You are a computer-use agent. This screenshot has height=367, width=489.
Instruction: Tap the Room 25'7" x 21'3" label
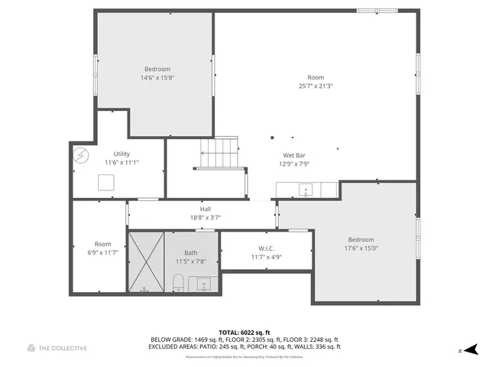(316, 81)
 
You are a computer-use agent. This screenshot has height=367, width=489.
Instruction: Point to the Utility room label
(121, 158)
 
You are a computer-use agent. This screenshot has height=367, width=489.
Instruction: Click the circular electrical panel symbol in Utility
(80, 154)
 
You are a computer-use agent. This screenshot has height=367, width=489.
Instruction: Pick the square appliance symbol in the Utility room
(106, 182)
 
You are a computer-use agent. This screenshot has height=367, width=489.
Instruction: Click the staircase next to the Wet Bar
(219, 152)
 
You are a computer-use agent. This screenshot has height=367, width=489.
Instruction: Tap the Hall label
(206, 213)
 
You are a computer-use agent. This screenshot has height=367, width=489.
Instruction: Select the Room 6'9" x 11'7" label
(102, 248)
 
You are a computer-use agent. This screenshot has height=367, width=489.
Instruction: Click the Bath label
(191, 257)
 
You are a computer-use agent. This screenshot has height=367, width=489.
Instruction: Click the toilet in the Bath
(177, 285)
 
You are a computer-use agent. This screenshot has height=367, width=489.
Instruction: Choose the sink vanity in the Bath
(203, 285)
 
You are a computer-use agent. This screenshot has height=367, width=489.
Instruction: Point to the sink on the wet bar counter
(306, 190)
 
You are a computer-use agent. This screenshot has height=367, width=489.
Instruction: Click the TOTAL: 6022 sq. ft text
(244, 333)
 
